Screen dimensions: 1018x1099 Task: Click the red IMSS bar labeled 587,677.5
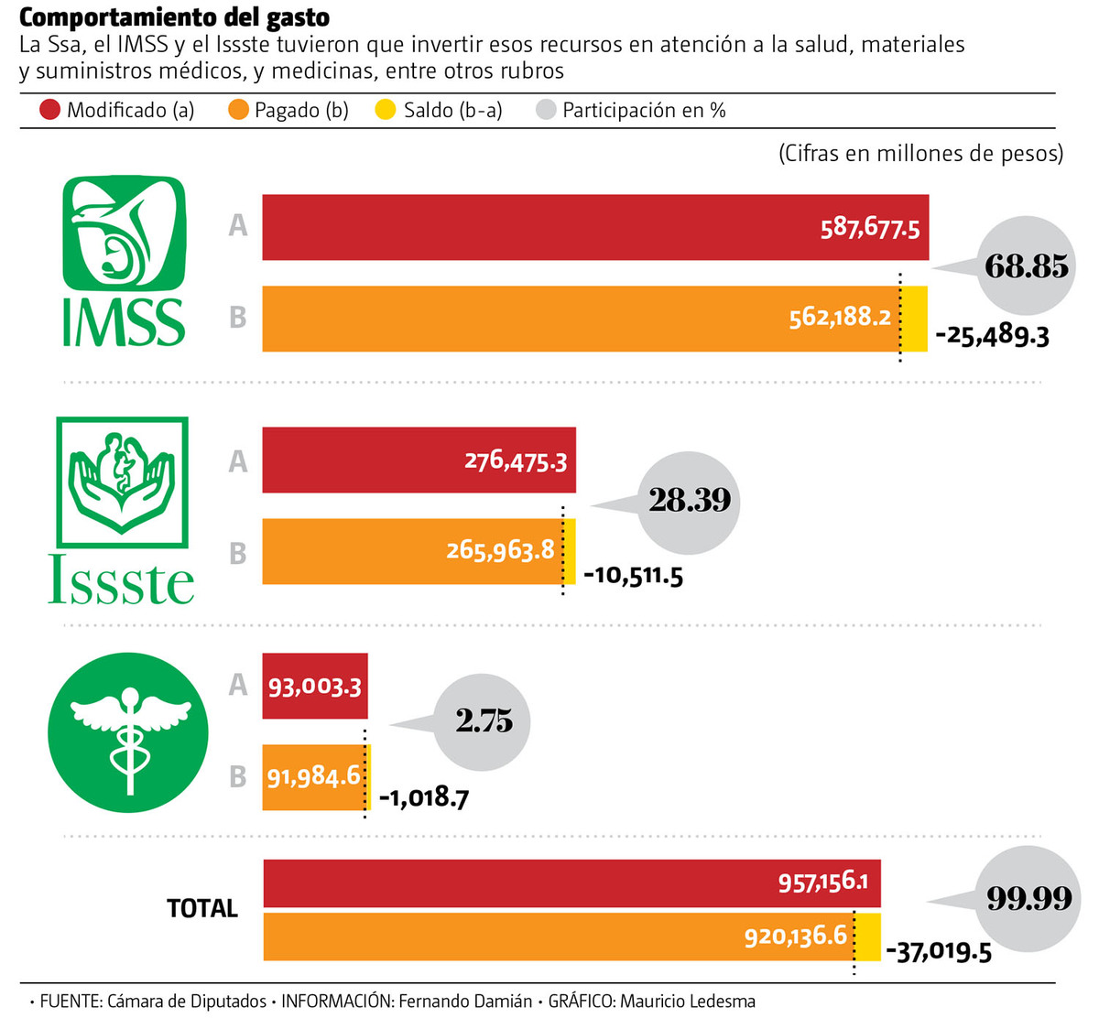point(595,227)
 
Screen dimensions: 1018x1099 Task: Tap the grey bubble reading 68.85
point(1026,266)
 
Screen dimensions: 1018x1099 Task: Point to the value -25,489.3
point(992,335)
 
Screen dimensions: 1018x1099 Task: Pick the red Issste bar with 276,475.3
point(419,460)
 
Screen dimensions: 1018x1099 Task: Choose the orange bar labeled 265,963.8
point(412,551)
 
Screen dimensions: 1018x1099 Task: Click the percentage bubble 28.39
point(690,500)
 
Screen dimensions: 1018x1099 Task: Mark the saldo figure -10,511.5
point(634,576)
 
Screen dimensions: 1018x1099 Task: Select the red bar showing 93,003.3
point(314,686)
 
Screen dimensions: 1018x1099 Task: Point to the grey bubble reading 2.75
point(484,721)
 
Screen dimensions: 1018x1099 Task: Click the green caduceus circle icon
point(128,732)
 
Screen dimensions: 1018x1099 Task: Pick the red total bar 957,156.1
point(571,883)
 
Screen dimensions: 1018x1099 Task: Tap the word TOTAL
point(202,908)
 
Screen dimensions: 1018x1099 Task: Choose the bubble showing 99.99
point(1028,898)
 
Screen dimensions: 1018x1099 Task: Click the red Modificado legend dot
point(50,111)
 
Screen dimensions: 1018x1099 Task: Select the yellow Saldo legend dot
point(386,111)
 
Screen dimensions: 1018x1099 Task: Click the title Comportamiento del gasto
point(174,16)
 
